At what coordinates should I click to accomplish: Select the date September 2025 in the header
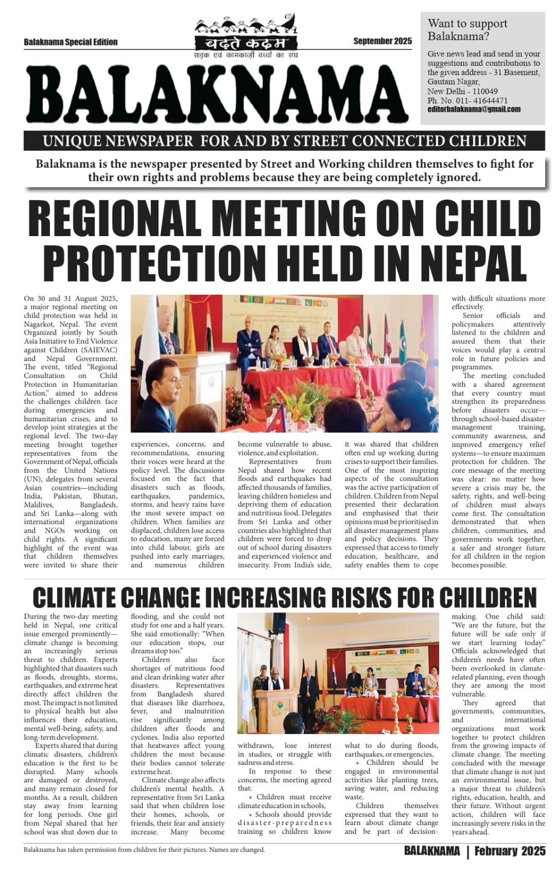coord(382,41)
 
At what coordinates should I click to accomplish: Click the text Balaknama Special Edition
coord(71,42)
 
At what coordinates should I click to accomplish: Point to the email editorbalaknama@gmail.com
coord(474,109)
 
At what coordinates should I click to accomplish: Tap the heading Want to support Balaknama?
coord(467,30)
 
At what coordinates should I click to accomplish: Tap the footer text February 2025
coord(510,851)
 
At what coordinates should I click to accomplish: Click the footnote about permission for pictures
coord(144,850)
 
